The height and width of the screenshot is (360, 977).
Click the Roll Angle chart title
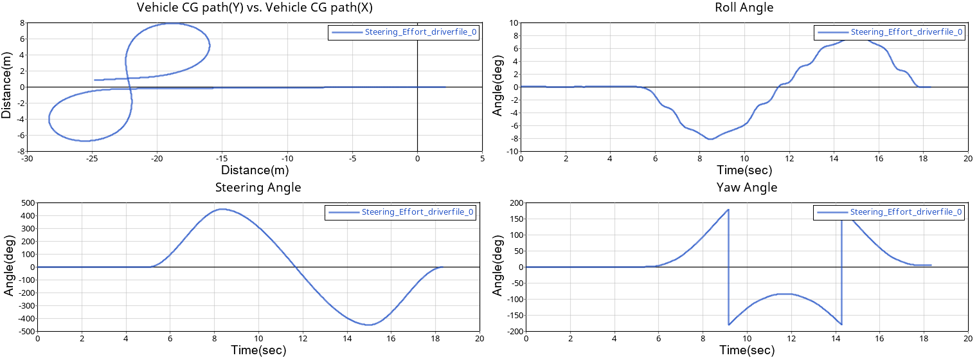pyautogui.click(x=744, y=8)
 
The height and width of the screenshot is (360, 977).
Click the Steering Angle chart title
pyautogui.click(x=257, y=188)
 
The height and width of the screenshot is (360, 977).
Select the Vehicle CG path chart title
pyautogui.click(x=255, y=8)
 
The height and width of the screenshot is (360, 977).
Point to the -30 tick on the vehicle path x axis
pyautogui.click(x=27, y=158)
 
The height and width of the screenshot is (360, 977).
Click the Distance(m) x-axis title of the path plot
pyautogui.click(x=255, y=170)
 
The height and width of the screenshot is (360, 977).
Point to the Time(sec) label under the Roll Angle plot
pyautogui.click(x=744, y=170)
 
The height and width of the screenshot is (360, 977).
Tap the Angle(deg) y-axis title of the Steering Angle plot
pyautogui.click(x=9, y=267)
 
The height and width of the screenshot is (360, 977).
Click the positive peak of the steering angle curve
pyautogui.click(x=222, y=209)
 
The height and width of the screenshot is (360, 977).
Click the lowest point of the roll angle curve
pyautogui.click(x=710, y=139)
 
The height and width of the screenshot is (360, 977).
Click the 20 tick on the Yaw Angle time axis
pyautogui.click(x=967, y=338)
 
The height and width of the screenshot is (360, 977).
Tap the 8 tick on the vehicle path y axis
pyautogui.click(x=22, y=22)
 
